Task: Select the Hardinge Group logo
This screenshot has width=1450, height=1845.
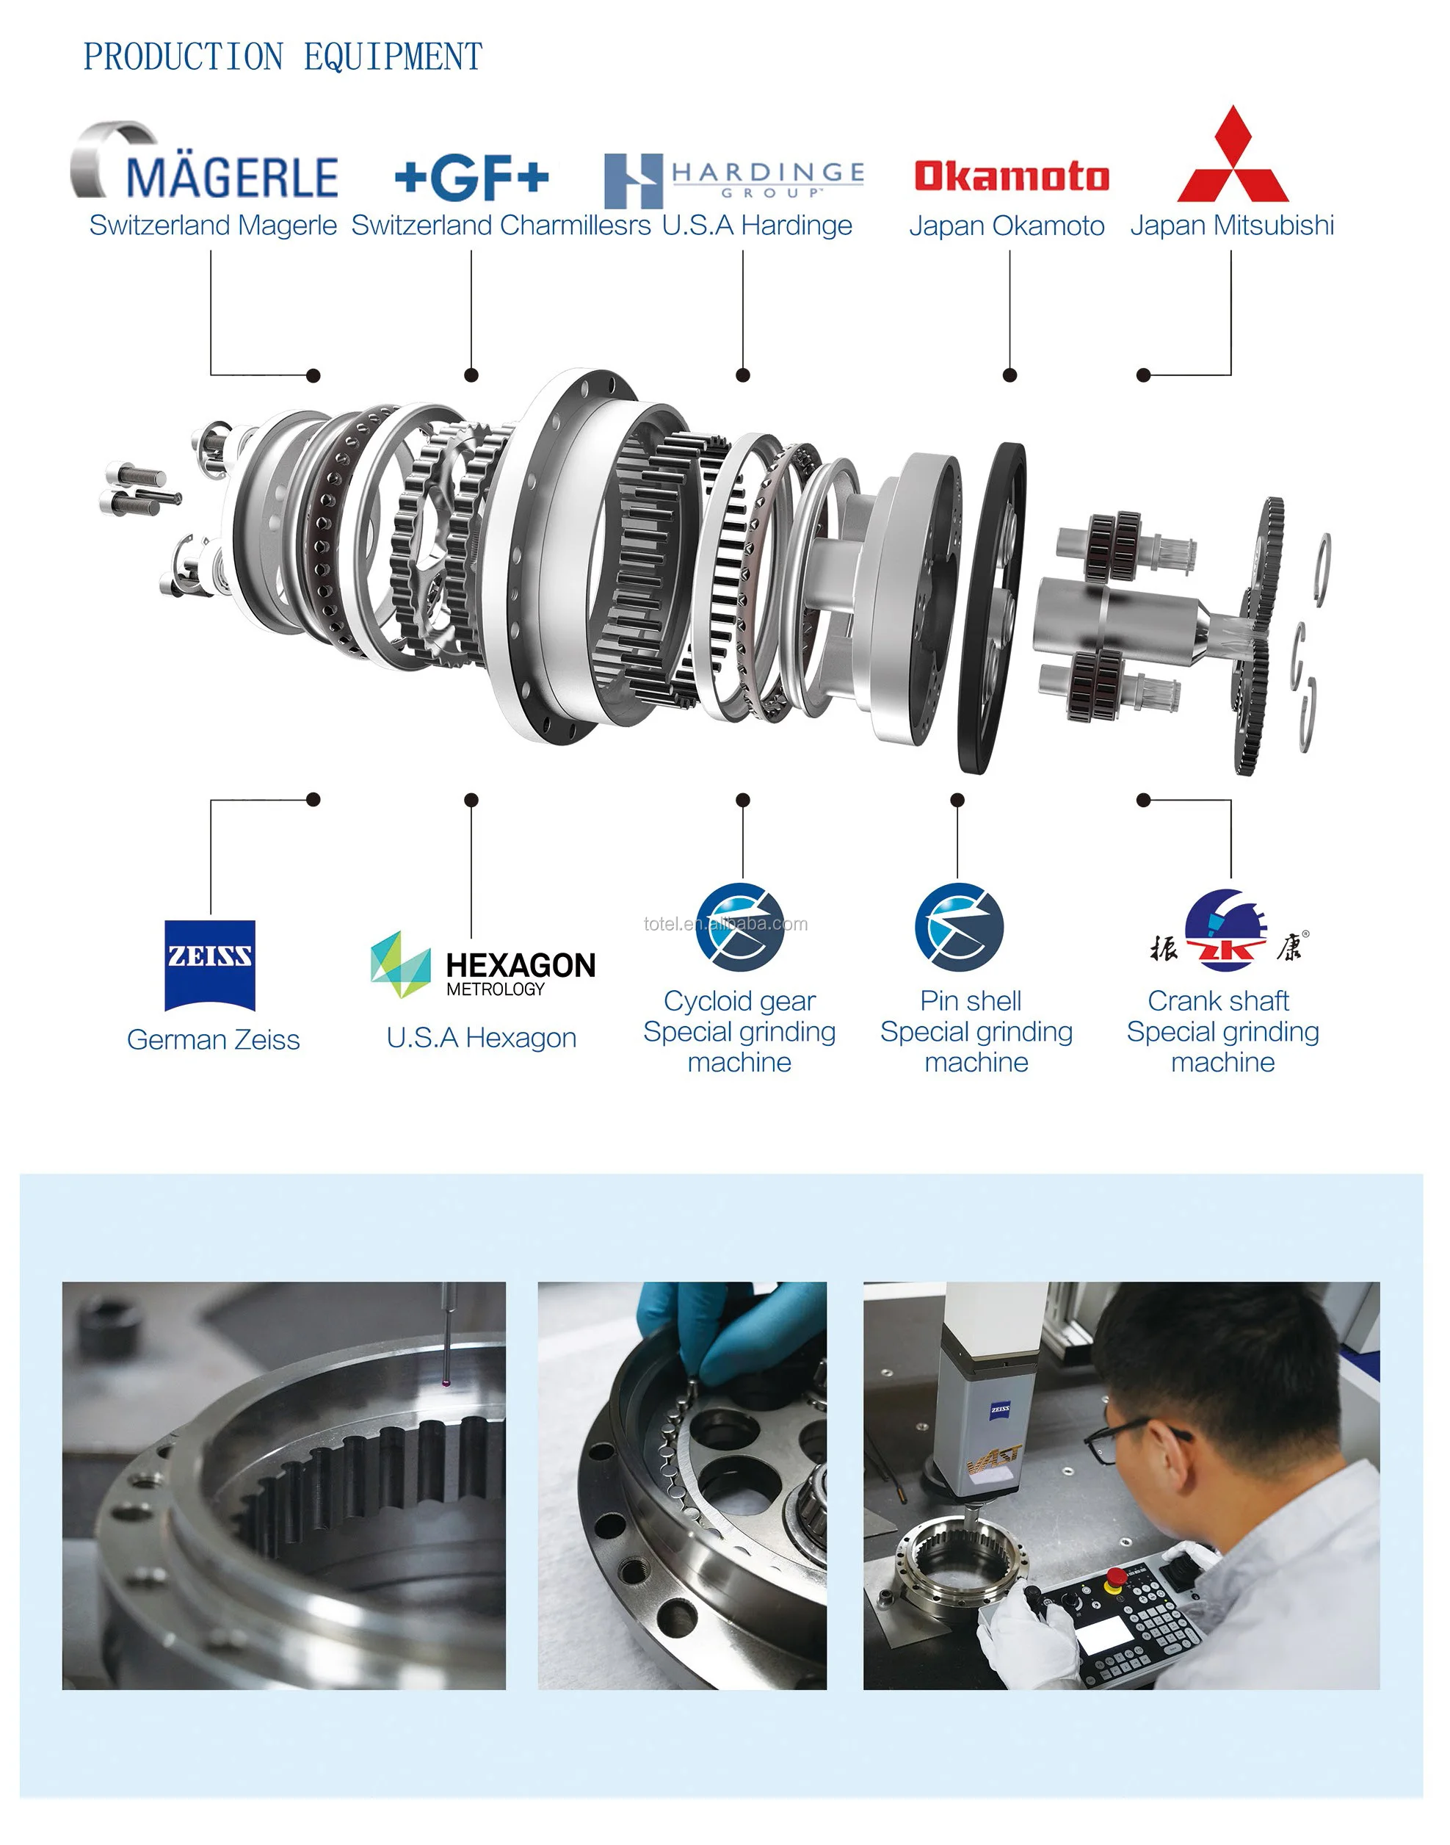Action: point(733,180)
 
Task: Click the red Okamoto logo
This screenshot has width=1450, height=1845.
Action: point(1011,176)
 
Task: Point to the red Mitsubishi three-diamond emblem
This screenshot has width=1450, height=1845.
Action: point(1233,157)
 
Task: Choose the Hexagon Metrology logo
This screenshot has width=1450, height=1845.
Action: point(483,965)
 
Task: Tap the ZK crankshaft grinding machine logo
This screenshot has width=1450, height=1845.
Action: point(1228,931)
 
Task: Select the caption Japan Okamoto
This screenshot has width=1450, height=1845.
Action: point(1006,225)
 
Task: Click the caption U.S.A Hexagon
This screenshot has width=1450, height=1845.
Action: point(482,1038)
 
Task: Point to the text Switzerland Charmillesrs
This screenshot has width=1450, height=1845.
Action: point(501,225)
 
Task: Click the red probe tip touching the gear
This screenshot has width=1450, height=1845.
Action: point(446,1384)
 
